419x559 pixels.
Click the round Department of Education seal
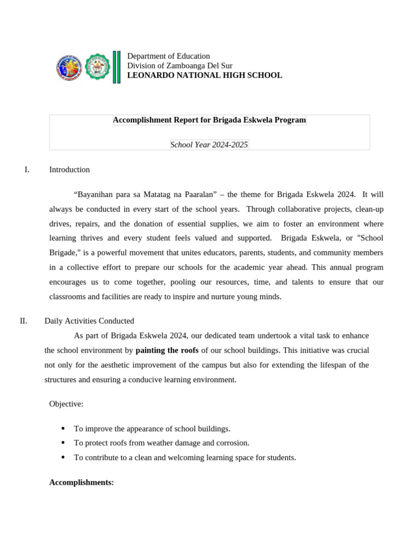(x=69, y=68)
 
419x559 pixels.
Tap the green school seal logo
(x=98, y=67)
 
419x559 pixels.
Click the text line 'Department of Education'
(x=168, y=56)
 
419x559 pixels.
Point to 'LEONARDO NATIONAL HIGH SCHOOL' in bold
(x=205, y=75)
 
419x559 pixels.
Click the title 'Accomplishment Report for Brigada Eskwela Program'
(x=209, y=120)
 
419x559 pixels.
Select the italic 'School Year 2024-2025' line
(x=209, y=145)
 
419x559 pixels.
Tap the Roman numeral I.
(x=27, y=170)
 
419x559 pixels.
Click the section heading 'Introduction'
(x=69, y=170)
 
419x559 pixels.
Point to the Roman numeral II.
(x=23, y=321)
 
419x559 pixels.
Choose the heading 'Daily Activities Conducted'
(x=89, y=321)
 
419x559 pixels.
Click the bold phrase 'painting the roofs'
(x=167, y=350)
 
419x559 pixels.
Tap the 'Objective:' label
(x=66, y=404)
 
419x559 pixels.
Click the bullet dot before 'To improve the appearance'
(x=63, y=429)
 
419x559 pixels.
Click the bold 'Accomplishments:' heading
(x=81, y=483)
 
